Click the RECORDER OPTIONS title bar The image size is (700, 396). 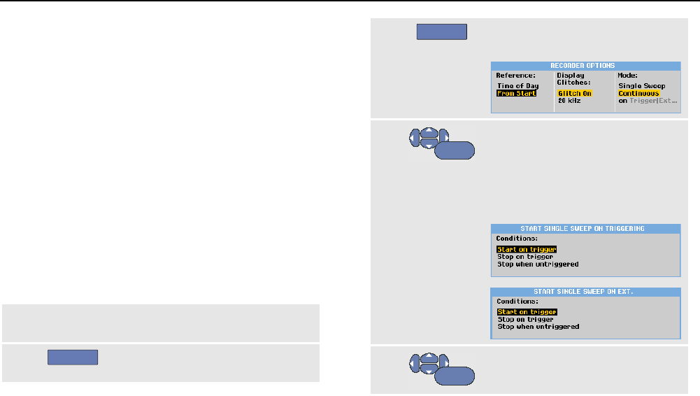(x=585, y=65)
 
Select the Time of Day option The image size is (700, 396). (x=517, y=86)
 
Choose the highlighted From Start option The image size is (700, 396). (x=516, y=93)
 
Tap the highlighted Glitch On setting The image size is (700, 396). (x=575, y=93)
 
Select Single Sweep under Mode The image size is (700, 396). (x=641, y=86)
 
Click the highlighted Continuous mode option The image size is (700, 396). (x=639, y=93)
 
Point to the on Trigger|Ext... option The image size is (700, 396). (x=648, y=101)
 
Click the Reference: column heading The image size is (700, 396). (x=515, y=75)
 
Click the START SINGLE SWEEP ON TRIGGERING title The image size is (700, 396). (x=585, y=228)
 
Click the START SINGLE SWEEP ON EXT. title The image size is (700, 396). (x=585, y=292)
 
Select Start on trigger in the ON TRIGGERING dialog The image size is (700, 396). (x=527, y=249)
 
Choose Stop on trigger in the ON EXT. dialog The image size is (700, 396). (x=524, y=320)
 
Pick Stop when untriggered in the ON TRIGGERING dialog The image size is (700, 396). (x=538, y=264)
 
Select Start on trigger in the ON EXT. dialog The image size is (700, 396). (x=527, y=312)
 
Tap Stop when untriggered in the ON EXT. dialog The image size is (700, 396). (x=538, y=327)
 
